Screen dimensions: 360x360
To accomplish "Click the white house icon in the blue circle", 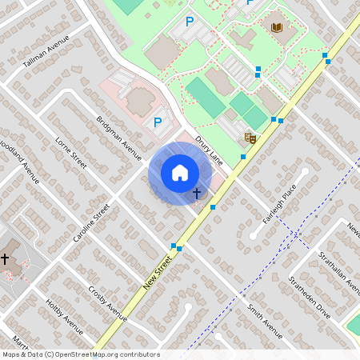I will pos(180,173).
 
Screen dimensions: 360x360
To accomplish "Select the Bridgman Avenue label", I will pos(118,133).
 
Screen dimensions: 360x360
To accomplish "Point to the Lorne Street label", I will pos(70,152).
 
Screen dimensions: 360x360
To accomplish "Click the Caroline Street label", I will pos(90,223).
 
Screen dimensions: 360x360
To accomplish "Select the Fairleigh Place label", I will pos(279,203).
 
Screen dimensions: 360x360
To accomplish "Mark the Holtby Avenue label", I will pos(65,315).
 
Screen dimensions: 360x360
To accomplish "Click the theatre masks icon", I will pos(250,138).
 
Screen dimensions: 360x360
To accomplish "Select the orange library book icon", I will pos(278,29).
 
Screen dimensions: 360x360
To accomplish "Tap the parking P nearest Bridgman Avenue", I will pos(158,122).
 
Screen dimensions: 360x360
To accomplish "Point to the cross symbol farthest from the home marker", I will pos(6,258).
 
